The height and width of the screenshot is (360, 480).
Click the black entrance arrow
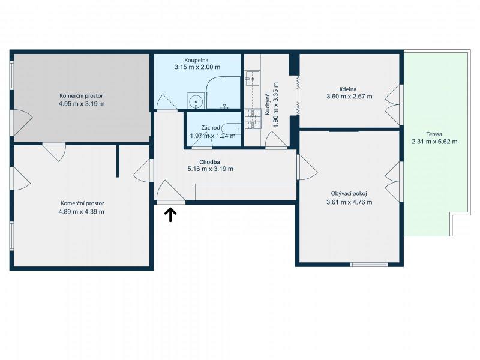coord(170,215)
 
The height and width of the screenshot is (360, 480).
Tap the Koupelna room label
coord(196,61)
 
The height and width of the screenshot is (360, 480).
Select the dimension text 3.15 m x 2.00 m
coord(197,67)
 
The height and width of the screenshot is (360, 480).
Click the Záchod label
coord(211,128)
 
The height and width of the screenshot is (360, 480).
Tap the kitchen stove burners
coord(253,119)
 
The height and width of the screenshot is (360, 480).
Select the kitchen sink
coord(252,79)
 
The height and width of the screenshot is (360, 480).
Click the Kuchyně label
coord(267,104)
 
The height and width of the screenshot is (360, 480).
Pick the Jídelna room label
coord(347,89)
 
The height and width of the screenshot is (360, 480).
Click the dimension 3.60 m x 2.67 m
coord(349,97)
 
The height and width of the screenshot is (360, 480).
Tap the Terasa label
coord(434,134)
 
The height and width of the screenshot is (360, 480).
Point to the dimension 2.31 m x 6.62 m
coord(434,142)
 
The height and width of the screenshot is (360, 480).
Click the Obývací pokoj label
coord(349,193)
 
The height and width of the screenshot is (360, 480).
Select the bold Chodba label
coord(209,162)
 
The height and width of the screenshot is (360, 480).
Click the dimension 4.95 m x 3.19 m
coord(82,103)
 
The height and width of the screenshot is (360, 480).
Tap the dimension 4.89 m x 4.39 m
coord(81,212)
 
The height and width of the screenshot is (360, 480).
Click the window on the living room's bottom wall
coord(369,265)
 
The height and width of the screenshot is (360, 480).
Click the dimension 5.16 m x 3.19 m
coord(211,169)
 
